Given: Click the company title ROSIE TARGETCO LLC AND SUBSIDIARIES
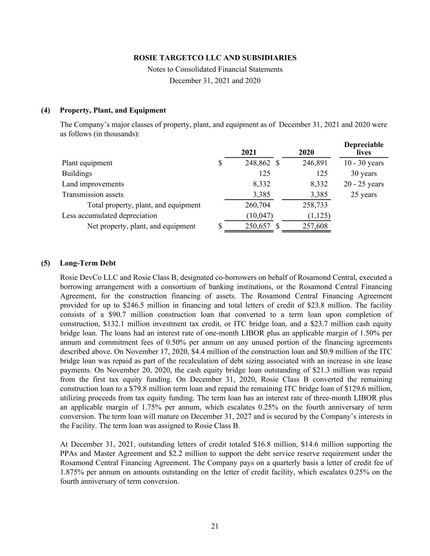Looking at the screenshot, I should (215, 58).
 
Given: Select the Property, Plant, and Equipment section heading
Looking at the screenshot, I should (112, 110).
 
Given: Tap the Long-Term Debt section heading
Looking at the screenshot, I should (88, 264).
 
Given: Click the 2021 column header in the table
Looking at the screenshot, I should (249, 152).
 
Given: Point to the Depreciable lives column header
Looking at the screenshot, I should (364, 149).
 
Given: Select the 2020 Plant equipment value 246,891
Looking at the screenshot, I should (315, 163).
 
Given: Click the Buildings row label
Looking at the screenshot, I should (77, 174).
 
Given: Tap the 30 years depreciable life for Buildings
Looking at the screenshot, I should (364, 174).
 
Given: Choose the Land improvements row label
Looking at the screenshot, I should (93, 184).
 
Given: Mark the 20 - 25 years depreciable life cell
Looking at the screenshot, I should (364, 184).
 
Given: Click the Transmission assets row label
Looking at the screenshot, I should (93, 195).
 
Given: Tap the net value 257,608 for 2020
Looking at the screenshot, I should (315, 226).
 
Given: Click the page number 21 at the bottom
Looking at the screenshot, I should (215, 526).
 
